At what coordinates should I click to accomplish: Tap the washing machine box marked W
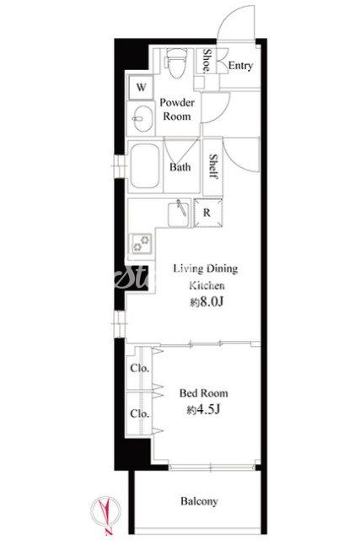(x=141, y=87)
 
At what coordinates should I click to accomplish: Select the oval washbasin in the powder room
(x=142, y=118)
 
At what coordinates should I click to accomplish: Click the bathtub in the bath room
(x=145, y=166)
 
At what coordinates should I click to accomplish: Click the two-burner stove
(x=141, y=244)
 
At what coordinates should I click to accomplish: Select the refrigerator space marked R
(x=207, y=213)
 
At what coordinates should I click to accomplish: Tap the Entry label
(x=240, y=66)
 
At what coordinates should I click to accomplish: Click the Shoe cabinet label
(x=207, y=60)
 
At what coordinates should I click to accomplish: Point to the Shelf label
(x=213, y=166)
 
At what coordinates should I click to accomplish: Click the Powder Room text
(x=177, y=109)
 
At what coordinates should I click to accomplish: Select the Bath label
(x=180, y=167)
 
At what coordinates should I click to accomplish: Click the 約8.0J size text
(x=207, y=302)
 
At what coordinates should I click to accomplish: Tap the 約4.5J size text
(x=204, y=409)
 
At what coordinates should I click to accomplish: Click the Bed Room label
(x=204, y=393)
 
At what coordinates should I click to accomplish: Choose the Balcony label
(x=199, y=501)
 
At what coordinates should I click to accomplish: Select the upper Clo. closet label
(x=140, y=368)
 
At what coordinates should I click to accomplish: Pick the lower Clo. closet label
(x=140, y=413)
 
